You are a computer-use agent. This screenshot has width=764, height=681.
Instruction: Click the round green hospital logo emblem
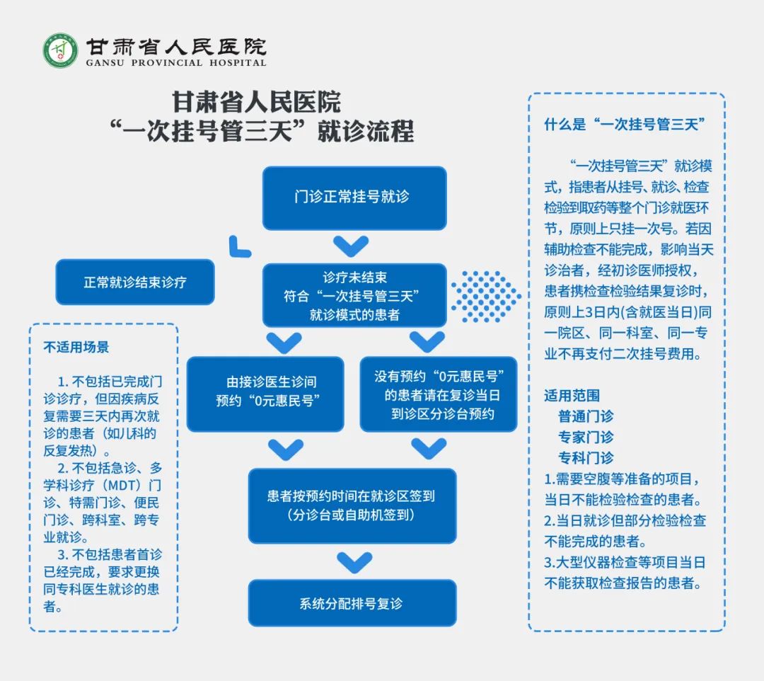60,51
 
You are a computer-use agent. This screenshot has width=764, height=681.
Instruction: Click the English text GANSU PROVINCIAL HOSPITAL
176,63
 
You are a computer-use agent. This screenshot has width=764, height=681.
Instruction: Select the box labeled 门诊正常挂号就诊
354,198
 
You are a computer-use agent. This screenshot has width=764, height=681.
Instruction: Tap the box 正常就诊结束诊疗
135,282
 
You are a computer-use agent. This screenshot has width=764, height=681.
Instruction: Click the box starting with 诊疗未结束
354,295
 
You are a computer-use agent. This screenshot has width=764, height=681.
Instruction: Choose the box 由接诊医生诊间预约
265,394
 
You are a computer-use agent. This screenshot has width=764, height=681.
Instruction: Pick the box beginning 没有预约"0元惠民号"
438,394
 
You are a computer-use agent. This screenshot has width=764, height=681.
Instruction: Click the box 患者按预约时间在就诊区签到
352,506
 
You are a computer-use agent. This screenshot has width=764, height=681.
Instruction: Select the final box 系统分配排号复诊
352,603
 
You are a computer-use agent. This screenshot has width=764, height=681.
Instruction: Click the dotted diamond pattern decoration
486,297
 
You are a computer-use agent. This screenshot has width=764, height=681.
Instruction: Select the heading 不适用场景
76,347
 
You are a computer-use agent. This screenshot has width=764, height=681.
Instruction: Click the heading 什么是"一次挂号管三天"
625,125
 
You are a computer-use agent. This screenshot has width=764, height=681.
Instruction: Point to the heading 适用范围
572,395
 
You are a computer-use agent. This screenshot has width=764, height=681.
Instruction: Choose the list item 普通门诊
586,416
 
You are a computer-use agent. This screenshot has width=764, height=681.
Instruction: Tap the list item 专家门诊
586,437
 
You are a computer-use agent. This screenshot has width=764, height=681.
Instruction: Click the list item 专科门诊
586,458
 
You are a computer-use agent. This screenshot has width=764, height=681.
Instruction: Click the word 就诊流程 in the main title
366,132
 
